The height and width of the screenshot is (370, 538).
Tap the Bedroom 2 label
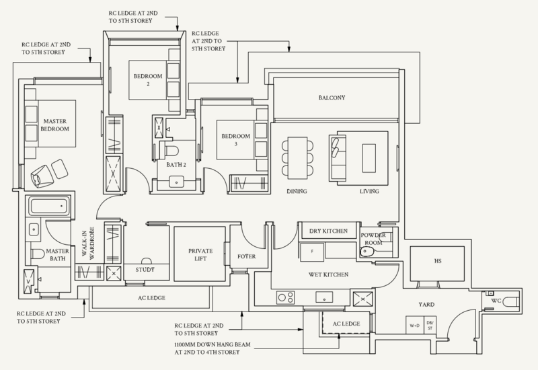(x=141, y=79)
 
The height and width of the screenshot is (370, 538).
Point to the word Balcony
(x=332, y=98)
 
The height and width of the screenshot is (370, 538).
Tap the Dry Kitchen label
(x=328, y=231)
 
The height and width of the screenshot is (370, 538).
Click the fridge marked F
(x=312, y=251)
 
